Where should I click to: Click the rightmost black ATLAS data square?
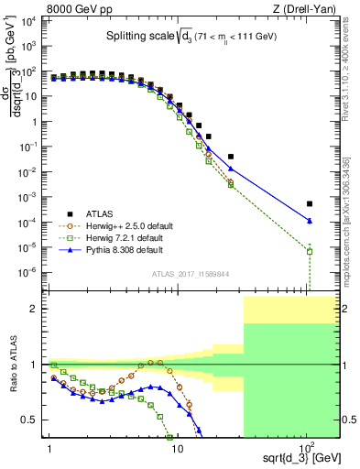pos(310,203)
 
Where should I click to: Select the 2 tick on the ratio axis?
pos(37,309)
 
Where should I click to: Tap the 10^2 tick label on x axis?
pos(306,444)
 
